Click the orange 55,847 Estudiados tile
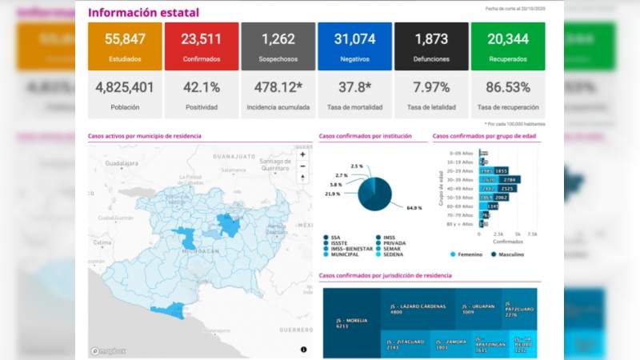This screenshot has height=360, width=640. pyautogui.click(x=125, y=46)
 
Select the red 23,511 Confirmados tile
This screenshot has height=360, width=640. pyautogui.click(x=201, y=46)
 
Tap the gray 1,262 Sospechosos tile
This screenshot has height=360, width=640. pyautogui.click(x=278, y=46)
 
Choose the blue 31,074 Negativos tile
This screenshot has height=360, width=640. pyautogui.click(x=354, y=46)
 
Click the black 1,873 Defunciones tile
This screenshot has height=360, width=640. pyautogui.click(x=431, y=46)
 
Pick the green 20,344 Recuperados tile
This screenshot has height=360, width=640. pyautogui.click(x=508, y=46)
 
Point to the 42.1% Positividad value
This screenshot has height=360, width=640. pyautogui.click(x=201, y=87)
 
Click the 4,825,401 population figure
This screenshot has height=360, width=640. pyautogui.click(x=125, y=87)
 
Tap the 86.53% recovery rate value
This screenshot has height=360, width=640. pyautogui.click(x=508, y=87)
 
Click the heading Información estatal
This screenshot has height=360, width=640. pyautogui.click(x=143, y=13)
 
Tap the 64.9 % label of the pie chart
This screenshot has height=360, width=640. pyautogui.click(x=414, y=208)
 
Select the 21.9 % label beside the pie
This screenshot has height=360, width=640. pyautogui.click(x=333, y=194)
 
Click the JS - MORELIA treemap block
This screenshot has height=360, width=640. pyautogui.click(x=351, y=322)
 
